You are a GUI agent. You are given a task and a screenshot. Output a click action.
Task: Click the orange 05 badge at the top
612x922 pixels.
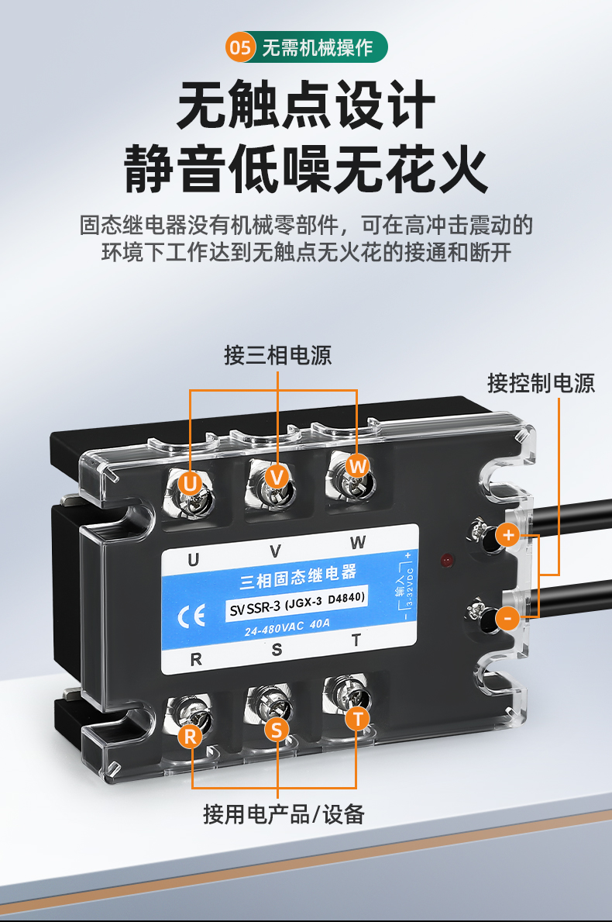coord(240,47)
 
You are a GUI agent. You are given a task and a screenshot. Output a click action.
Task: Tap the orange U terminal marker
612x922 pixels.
coord(190,483)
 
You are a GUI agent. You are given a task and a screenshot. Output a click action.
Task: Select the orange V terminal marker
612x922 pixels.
coord(277,476)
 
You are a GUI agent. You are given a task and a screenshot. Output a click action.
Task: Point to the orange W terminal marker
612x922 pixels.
coord(357,466)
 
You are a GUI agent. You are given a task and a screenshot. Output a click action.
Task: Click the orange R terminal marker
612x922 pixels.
coord(191,736)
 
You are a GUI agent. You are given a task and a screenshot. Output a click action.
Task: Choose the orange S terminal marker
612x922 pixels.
coord(277,730)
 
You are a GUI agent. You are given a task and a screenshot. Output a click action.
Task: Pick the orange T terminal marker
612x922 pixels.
coord(357,719)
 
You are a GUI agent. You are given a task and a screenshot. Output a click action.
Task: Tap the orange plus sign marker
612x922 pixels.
coord(508,535)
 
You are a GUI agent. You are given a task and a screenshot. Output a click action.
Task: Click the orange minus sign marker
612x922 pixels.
coord(508,618)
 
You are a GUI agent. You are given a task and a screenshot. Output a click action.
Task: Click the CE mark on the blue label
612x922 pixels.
coord(191,616)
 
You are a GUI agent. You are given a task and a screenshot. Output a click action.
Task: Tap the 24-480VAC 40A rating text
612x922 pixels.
coord(287,627)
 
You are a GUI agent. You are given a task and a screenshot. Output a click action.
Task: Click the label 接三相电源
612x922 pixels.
coord(278,355)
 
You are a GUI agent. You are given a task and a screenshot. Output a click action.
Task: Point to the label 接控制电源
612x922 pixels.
coord(541,383)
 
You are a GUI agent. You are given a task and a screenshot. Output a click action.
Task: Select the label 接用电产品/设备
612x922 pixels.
coord(284,814)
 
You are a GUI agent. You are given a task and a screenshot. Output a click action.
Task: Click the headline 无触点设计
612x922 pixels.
coord(306,105)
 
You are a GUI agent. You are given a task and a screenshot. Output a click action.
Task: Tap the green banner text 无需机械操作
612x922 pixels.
coord(317,47)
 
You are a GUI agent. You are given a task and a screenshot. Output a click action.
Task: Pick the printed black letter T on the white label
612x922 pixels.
coord(356,641)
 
